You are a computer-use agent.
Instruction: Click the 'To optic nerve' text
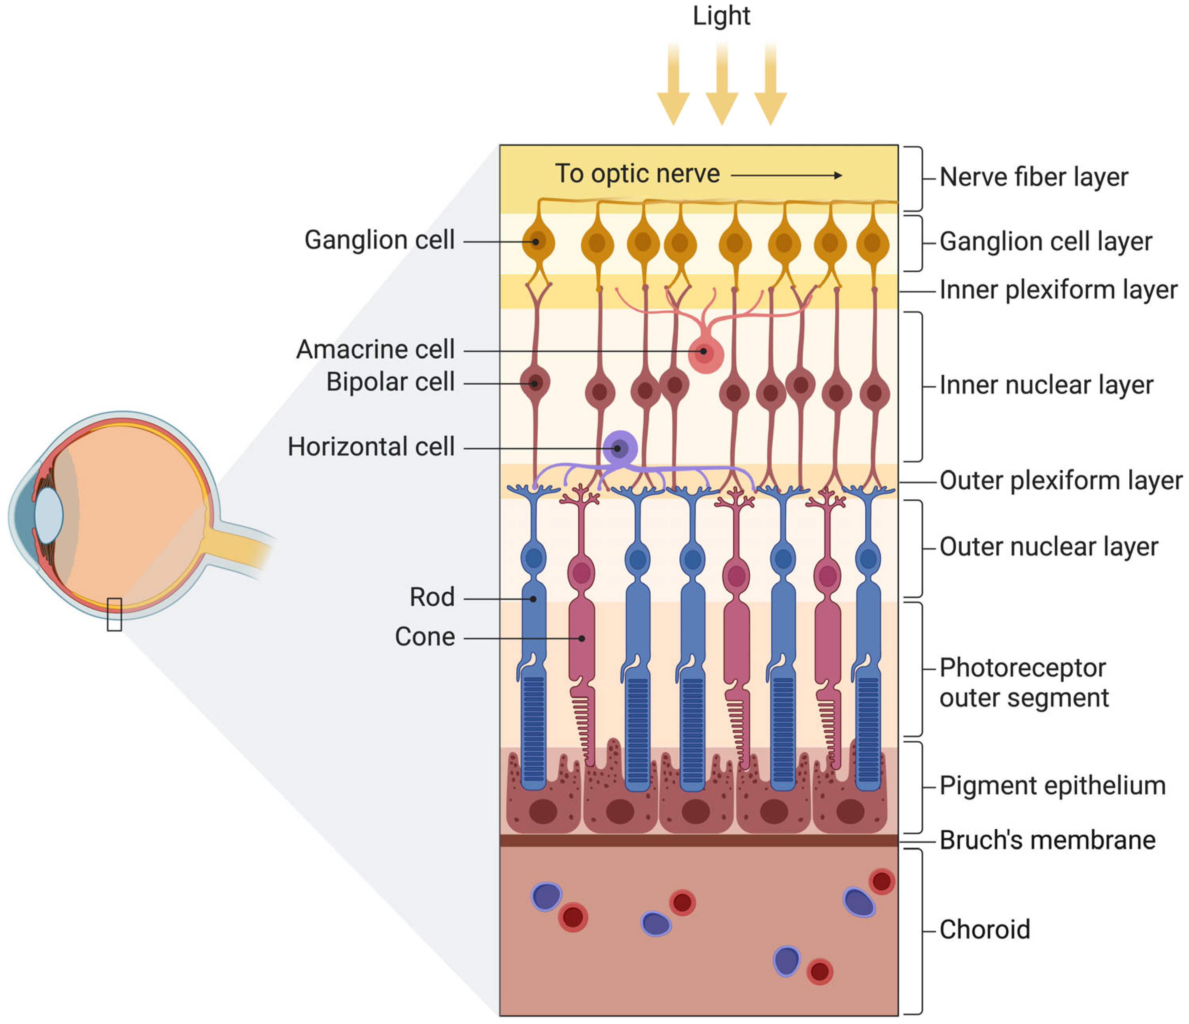click(637, 173)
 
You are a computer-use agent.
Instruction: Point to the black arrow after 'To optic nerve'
click(786, 176)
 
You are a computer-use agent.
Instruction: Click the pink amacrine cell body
click(705, 354)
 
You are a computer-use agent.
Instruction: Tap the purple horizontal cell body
click(620, 448)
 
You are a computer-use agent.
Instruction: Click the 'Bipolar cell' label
click(390, 382)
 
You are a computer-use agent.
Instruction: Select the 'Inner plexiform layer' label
click(1058, 290)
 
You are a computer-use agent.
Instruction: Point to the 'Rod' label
click(432, 597)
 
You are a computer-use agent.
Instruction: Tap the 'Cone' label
click(425, 637)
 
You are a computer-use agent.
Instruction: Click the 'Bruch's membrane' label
click(1047, 840)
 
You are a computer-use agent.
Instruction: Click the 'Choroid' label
click(985, 930)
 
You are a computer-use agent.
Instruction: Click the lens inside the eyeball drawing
click(49, 514)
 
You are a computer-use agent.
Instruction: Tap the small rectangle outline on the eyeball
click(114, 614)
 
